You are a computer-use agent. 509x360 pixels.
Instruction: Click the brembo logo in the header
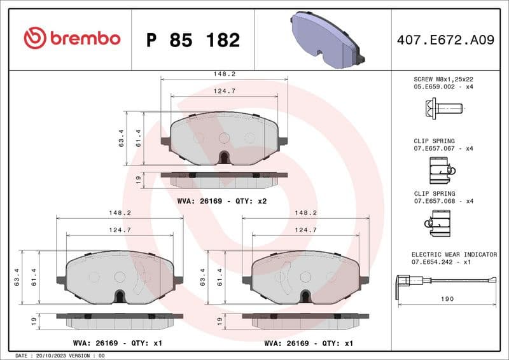coord(71,38)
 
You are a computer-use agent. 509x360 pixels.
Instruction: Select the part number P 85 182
coord(193,40)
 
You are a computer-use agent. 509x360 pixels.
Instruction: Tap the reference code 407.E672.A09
coord(445,40)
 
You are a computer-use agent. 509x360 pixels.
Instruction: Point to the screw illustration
coord(443,109)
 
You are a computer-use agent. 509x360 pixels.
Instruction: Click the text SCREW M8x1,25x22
coord(443,79)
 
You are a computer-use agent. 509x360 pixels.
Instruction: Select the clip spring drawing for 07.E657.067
coord(441,170)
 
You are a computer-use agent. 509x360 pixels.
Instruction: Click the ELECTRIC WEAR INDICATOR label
coord(454,254)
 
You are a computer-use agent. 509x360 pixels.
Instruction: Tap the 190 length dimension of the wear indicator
coord(447,299)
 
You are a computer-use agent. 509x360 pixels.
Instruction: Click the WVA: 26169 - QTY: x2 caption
coord(222,201)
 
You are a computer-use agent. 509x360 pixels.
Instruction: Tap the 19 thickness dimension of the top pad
coord(138,181)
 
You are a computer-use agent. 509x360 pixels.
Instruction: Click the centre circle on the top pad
coord(224,137)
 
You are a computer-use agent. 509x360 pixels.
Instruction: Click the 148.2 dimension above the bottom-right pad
coord(305,213)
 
